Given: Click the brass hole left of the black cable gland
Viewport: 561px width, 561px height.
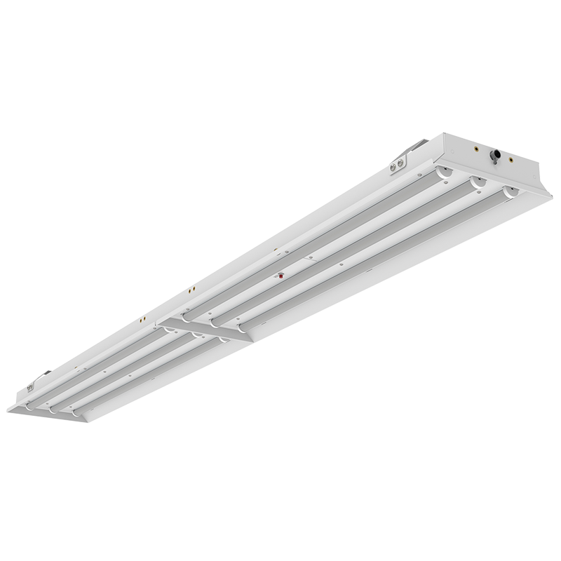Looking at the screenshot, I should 477,148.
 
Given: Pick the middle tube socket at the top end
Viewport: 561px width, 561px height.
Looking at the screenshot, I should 477,181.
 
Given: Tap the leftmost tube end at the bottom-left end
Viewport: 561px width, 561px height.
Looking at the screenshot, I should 28,405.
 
